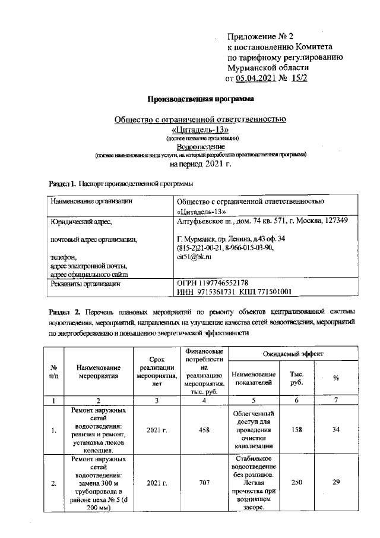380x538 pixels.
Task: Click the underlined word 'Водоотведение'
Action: click(x=200, y=146)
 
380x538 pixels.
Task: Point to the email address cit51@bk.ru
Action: click(x=194, y=257)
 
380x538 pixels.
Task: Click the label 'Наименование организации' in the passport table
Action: click(x=91, y=202)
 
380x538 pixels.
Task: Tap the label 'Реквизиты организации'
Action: click(x=85, y=284)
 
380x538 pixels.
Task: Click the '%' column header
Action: click(x=335, y=377)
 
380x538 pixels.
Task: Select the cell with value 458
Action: click(x=204, y=430)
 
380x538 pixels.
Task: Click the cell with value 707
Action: click(x=204, y=483)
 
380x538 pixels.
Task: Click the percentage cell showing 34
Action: click(x=335, y=430)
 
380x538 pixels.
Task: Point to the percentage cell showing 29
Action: click(x=335, y=483)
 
